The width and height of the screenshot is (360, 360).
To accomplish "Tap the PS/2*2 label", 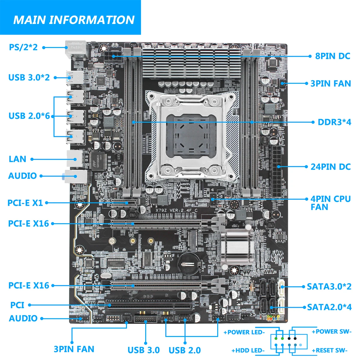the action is [x=23, y=47].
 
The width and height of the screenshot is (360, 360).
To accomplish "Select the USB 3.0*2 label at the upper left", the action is [x=29, y=77].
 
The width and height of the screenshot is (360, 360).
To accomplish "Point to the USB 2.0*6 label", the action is [x=29, y=116].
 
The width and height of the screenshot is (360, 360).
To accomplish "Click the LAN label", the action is [x=17, y=159].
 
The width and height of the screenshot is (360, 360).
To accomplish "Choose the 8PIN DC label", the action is [x=332, y=56].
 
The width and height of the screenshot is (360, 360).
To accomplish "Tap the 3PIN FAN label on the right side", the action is [x=331, y=83].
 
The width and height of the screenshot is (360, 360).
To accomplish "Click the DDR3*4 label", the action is [x=334, y=122].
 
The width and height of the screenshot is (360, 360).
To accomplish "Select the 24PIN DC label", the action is [x=331, y=167].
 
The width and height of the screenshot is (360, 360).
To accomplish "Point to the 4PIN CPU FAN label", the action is [x=331, y=203].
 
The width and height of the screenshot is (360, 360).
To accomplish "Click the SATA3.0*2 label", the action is [x=329, y=286].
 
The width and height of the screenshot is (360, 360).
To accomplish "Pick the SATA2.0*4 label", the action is [x=329, y=307].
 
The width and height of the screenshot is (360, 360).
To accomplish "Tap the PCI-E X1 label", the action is [x=25, y=203].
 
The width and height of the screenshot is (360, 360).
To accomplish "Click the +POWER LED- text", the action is [x=244, y=332].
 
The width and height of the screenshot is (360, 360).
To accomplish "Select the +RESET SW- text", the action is [x=329, y=350].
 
